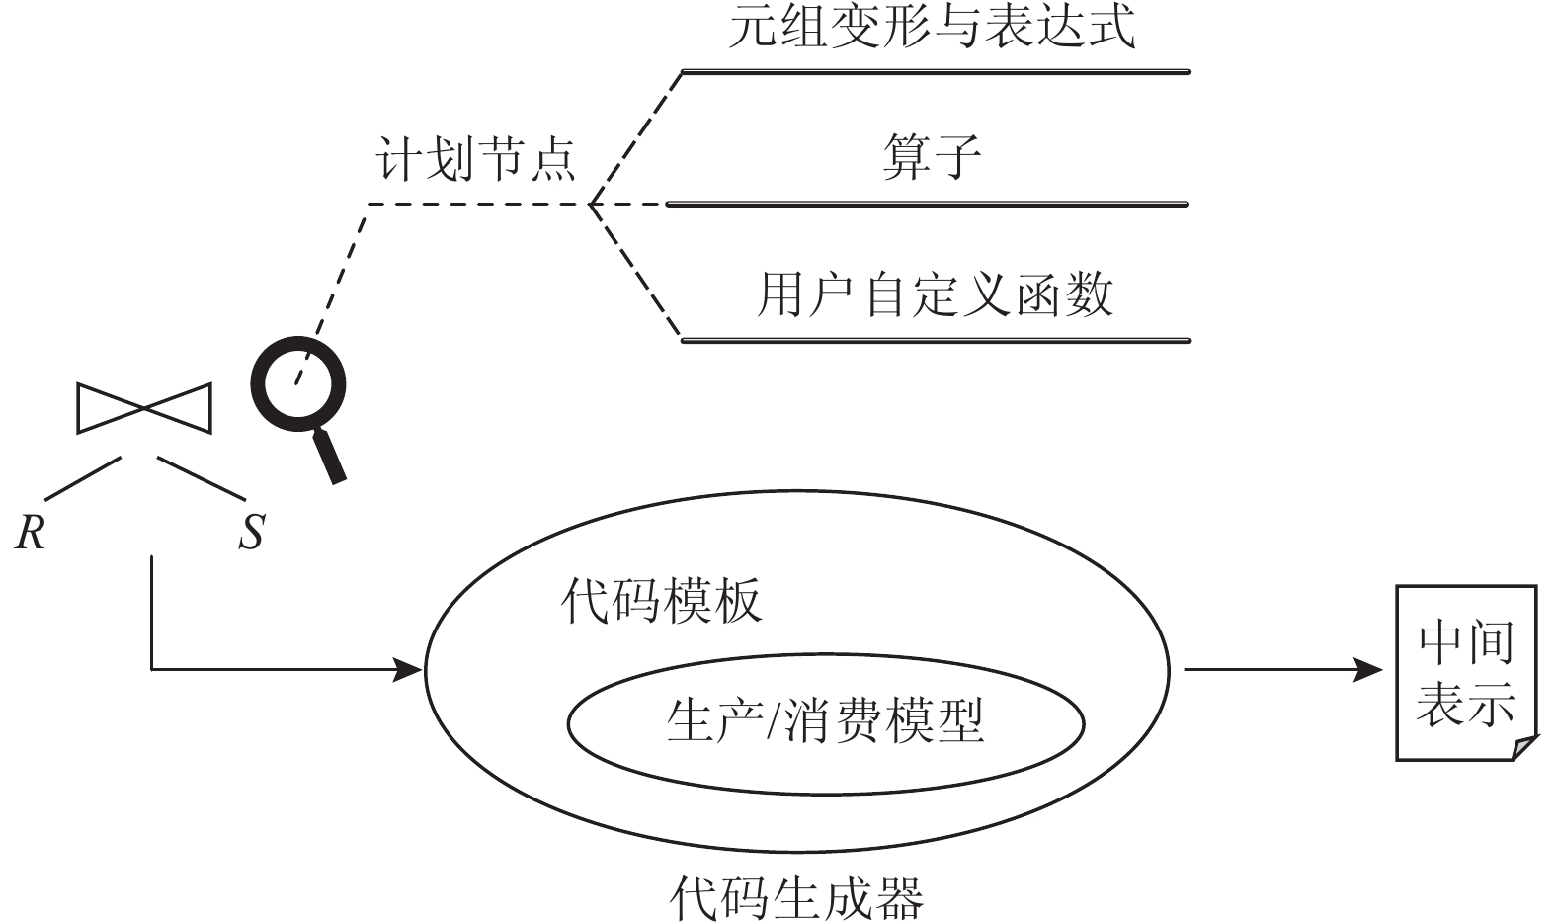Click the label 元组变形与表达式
coord(933,26)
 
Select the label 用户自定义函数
coord(935,294)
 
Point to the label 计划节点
coord(476,159)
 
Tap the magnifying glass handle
coord(329,456)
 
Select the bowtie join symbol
coord(144,407)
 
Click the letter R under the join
coord(31,534)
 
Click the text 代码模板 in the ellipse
coord(662,600)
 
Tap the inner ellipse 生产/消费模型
coord(825,721)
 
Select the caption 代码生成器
coord(796,897)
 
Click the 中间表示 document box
coord(1465,672)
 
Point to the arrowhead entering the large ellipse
coord(411,670)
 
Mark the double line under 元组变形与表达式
coord(935,72)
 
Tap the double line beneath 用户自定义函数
coord(935,341)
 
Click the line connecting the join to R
coord(82,477)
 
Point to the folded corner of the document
coord(1524,749)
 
